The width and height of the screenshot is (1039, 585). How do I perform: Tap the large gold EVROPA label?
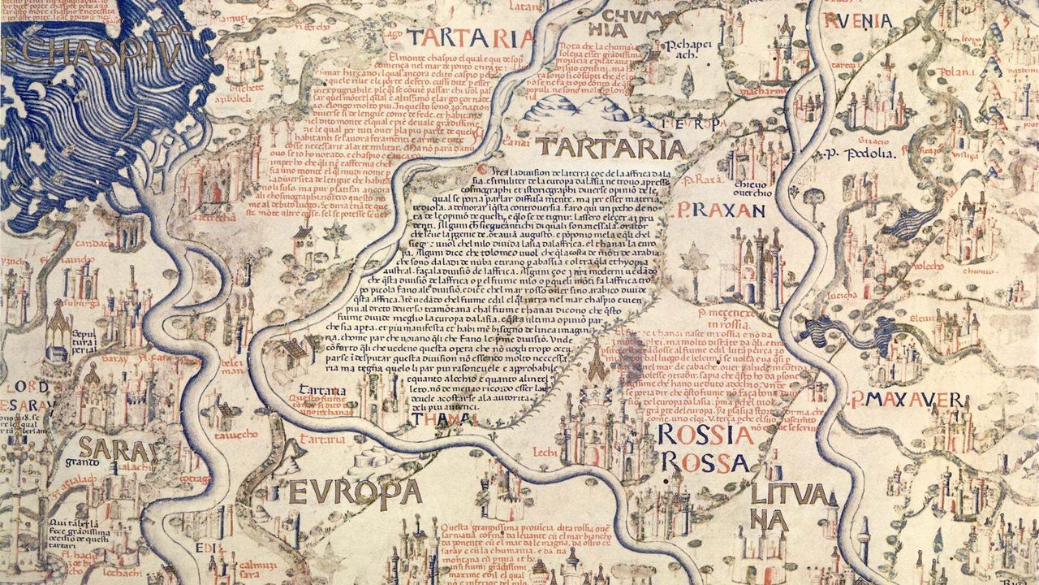[x=355, y=492]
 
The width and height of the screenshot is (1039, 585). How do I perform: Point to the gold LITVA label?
[x=789, y=494]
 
